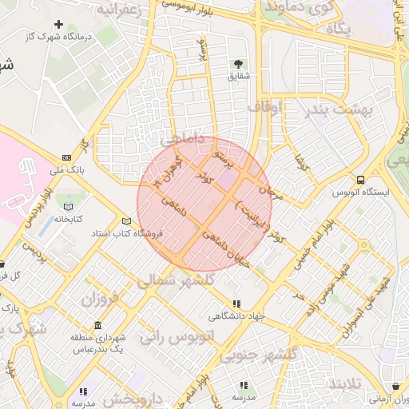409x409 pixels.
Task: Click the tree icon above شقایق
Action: click(x=238, y=63)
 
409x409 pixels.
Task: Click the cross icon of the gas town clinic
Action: click(x=58, y=24)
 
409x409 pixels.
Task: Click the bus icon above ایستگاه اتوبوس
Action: click(x=360, y=180)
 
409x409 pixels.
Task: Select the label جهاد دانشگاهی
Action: click(x=236, y=316)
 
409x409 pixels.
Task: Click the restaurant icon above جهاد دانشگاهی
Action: click(x=236, y=304)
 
